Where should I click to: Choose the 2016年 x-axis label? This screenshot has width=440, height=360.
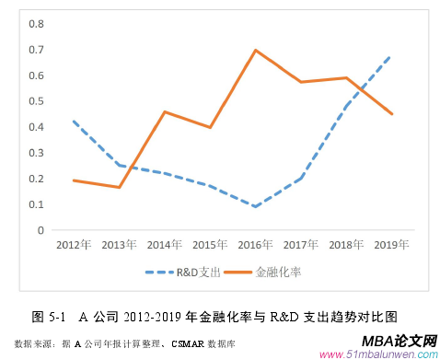coord(256,245)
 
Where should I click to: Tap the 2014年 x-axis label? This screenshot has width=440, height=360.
coord(164,245)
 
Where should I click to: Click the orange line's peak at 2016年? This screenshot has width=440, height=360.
coord(256,50)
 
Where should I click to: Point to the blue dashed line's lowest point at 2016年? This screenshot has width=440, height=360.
coord(256,207)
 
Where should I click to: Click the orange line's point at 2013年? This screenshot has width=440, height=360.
coord(118,188)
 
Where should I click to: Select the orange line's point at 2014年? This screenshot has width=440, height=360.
coord(164,112)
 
